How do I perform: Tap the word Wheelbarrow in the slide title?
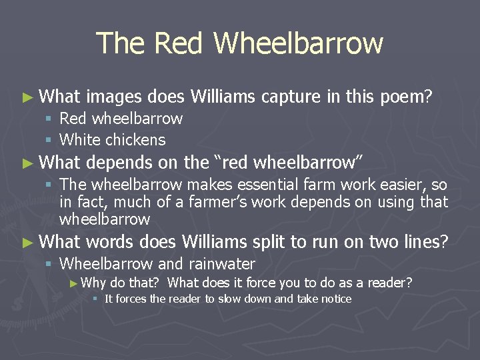pos(299,43)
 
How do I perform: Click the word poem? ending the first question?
pos(406,97)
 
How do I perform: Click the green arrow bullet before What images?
pos(27,98)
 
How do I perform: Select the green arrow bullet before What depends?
pos(27,163)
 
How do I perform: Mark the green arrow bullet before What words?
pos(27,242)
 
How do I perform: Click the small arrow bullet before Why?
pos(73,283)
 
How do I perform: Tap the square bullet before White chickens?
pos(48,140)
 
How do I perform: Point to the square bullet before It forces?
pos(95,299)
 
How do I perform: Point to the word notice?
pos(335,299)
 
